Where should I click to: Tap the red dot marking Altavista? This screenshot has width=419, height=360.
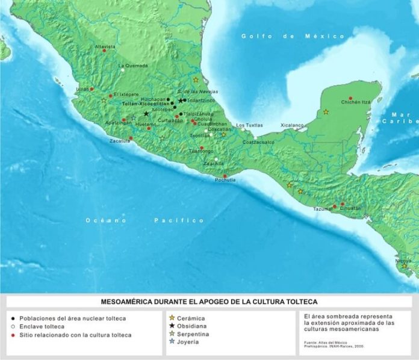tap(104, 51)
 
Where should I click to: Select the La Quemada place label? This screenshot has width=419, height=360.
tap(132, 66)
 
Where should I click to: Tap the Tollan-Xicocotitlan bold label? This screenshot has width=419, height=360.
tap(144, 104)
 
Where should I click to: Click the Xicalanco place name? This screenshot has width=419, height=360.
tap(292, 125)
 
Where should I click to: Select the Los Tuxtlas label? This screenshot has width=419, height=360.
tap(249, 125)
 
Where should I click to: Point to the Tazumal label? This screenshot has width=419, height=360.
tap(322, 208)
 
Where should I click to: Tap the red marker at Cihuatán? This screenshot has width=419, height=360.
tap(343, 204)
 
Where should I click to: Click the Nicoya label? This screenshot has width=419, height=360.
tap(403, 261)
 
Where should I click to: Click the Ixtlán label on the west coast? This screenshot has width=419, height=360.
tap(82, 88)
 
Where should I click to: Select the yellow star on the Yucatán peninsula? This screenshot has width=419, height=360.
tap(326, 112)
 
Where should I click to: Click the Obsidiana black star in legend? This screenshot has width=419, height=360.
tap(172, 326)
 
